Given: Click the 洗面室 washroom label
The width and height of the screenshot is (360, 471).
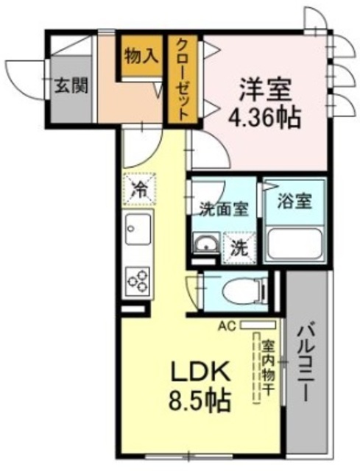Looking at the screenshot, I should pyautogui.click(x=224, y=208).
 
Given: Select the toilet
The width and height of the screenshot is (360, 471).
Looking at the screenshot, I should pyautogui.click(x=236, y=291).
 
